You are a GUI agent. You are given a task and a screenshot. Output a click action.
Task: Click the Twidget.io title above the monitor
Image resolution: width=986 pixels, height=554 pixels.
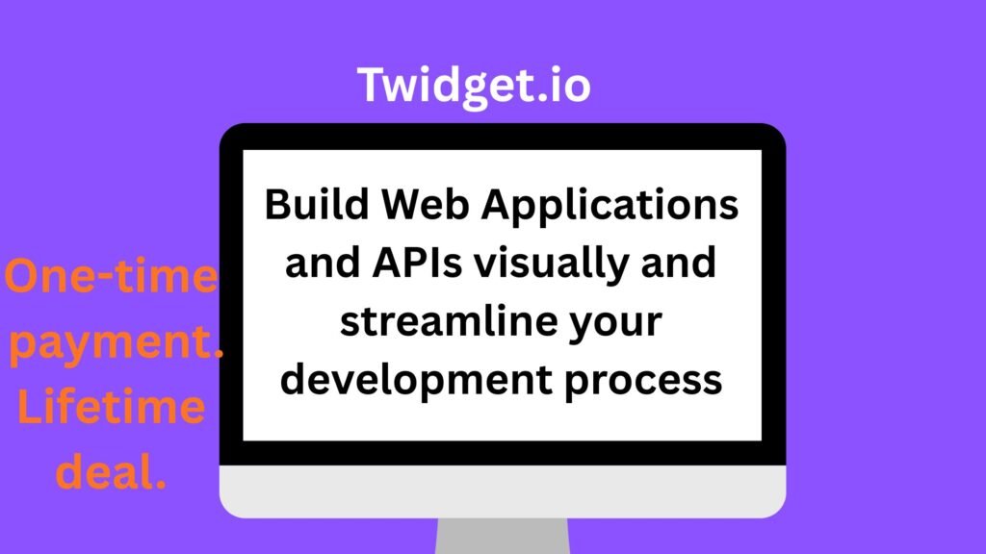point(474,87)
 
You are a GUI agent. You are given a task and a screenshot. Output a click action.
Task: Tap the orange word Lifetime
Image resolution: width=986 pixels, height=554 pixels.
point(112,409)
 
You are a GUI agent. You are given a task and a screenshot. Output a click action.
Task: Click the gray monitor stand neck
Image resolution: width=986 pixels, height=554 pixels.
point(501,536)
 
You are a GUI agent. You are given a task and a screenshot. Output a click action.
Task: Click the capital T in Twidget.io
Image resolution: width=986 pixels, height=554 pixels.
point(372,85)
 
